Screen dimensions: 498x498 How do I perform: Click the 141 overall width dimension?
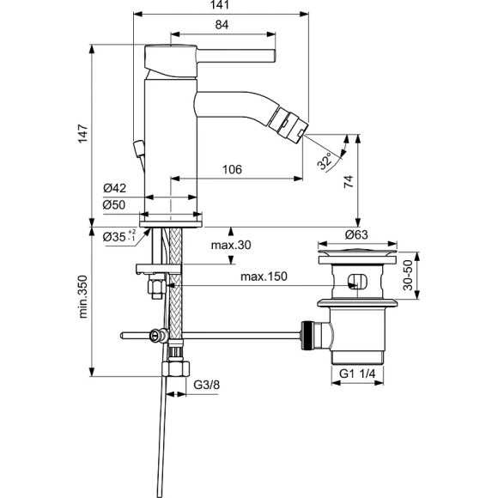pyautogui.click(x=221, y=6)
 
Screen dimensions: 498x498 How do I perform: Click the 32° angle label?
pyautogui.click(x=325, y=161)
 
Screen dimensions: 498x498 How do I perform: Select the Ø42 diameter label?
pyautogui.click(x=114, y=189)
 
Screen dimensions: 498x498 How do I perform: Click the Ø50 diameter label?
pyautogui.click(x=114, y=204)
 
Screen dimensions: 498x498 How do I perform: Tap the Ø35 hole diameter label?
pyautogui.click(x=117, y=236)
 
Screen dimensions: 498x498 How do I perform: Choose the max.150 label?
pyautogui.click(x=263, y=276)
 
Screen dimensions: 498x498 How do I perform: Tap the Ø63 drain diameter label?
pyautogui.click(x=357, y=234)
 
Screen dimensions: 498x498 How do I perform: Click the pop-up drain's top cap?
pyautogui.click(x=357, y=254)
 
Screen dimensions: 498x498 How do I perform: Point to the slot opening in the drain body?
pyautogui.click(x=358, y=281)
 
